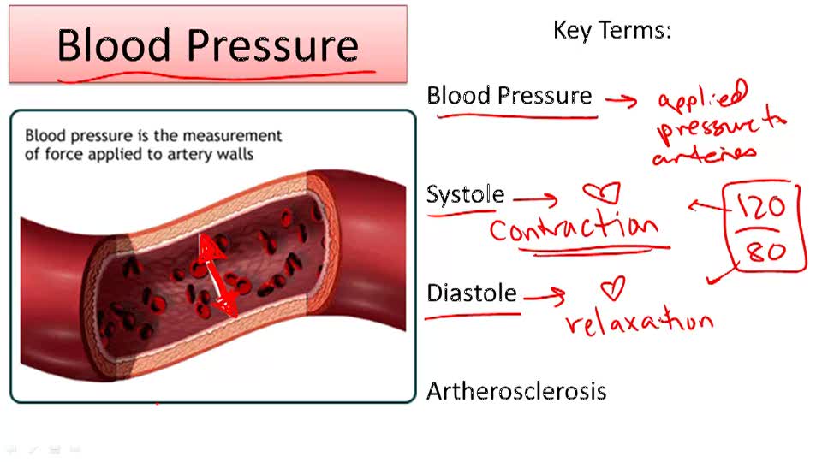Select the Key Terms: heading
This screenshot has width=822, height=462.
611,30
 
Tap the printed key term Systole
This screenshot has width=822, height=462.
465,195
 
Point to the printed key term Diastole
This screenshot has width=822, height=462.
472,293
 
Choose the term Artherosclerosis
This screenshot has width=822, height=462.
516,392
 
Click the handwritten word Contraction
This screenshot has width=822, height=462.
573,228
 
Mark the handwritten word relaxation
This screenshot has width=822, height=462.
638,322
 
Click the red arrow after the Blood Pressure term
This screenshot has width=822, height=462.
621,100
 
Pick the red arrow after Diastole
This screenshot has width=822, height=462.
545,297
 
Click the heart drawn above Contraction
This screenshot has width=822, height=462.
601,192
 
